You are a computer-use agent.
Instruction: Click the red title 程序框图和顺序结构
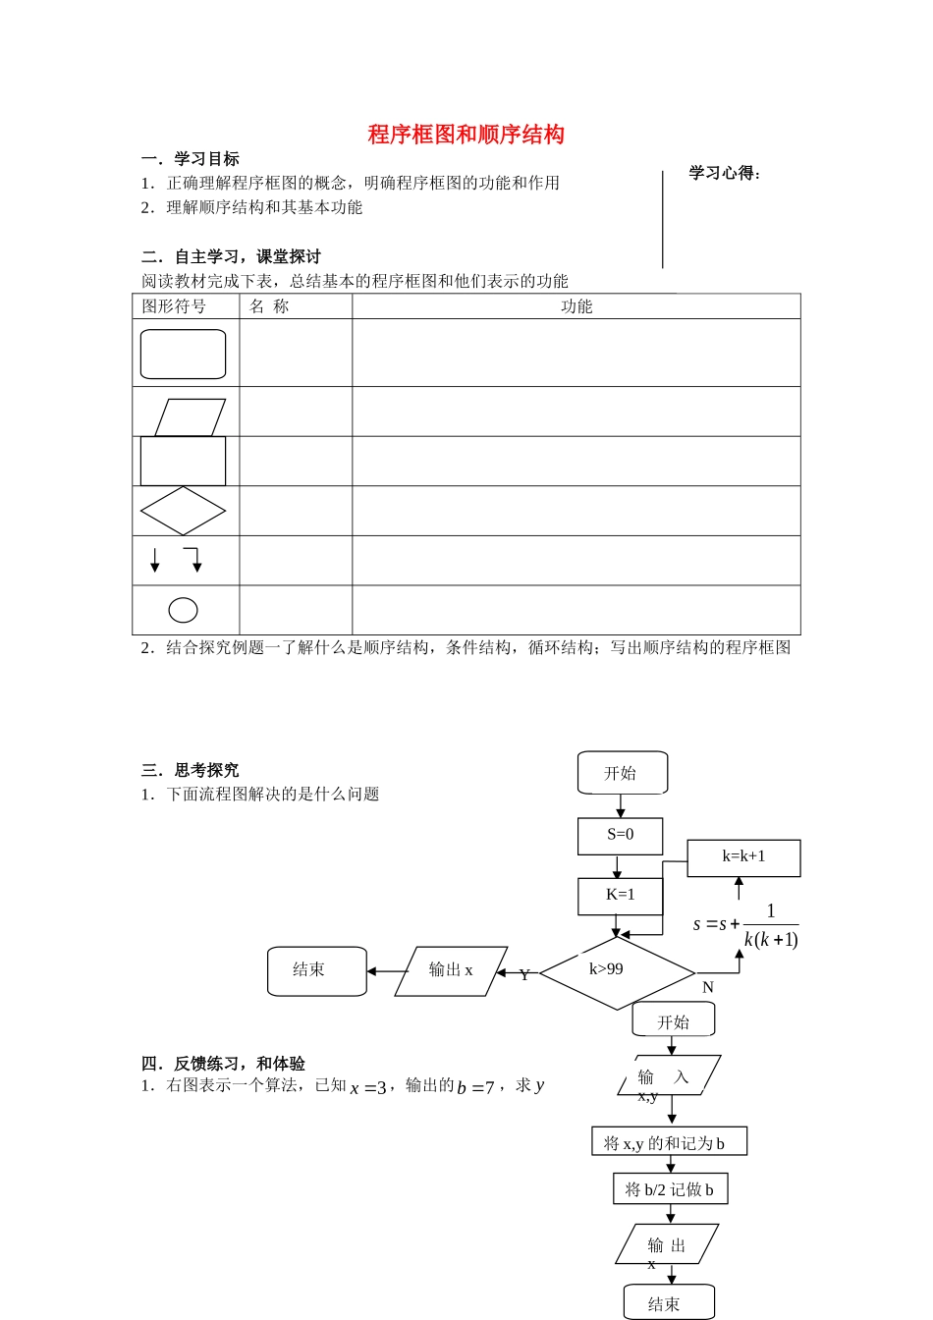pos(466,135)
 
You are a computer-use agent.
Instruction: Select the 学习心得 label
pos(725,174)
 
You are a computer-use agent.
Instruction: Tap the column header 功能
pos(576,306)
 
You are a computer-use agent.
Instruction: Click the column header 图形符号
pos(174,306)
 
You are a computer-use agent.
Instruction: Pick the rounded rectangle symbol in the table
pos(183,354)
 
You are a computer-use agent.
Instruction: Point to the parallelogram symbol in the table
pos(190,416)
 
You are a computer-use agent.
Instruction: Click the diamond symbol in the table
pos(183,511)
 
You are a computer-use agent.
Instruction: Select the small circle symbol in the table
pos(183,610)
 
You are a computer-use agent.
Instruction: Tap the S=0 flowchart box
pos(620,835)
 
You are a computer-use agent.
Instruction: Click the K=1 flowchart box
pos(620,895)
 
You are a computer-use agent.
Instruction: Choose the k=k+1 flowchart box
pos(743,856)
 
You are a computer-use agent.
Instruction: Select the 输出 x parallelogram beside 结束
pos(451,970)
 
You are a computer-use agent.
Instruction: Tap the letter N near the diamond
pos(708,987)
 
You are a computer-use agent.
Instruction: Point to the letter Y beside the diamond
pos(524,975)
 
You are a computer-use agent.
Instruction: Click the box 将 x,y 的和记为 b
pos(669,1142)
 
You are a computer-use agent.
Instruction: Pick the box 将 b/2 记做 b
pos(670,1189)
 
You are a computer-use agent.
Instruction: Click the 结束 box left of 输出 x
pos(316,970)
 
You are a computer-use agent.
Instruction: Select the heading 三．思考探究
pos(190,770)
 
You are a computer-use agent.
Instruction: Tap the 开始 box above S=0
pos(622,773)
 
